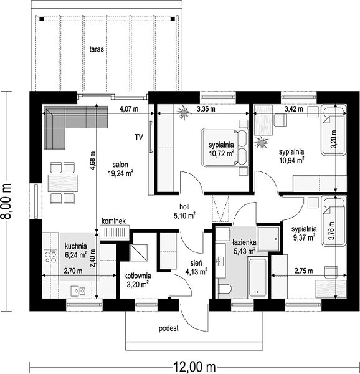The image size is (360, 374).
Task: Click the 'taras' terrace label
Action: (97, 49)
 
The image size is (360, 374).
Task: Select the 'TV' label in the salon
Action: (139, 137)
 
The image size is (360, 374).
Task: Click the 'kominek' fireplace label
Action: (113, 221)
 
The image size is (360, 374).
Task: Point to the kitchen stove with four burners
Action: (50, 257)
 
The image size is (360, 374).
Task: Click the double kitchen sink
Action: (78, 290)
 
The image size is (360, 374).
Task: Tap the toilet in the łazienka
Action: (225, 290)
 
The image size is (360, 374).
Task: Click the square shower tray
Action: (269, 238)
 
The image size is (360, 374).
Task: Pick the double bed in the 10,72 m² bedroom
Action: (225, 147)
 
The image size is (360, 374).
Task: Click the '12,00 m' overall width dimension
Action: (194, 367)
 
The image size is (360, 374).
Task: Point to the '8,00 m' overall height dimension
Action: (6, 201)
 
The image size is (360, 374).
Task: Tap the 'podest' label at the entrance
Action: (169, 328)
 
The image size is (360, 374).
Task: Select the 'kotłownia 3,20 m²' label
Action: (138, 280)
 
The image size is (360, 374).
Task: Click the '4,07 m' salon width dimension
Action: (129, 109)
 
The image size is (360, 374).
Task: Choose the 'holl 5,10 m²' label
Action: (184, 211)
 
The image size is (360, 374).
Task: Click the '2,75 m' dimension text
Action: (304, 271)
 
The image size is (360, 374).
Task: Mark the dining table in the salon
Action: (63, 183)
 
